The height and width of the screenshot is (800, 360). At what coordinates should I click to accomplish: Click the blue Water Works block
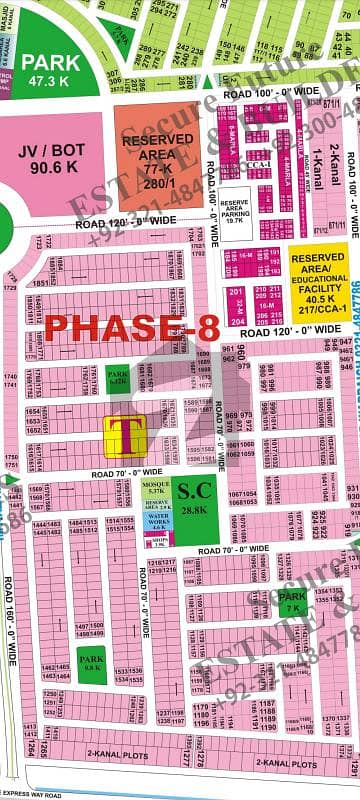pos(155,521)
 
